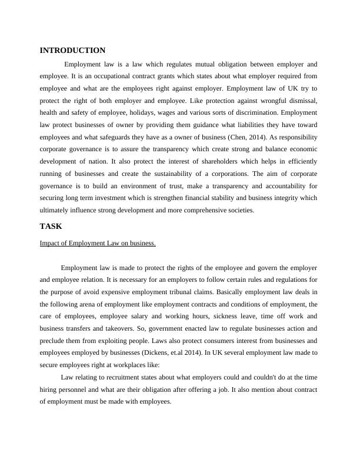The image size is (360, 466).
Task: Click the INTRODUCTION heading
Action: coord(72,51)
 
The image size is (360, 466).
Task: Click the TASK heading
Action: coord(51,226)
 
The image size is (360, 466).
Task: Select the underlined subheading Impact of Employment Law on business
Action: coord(97,242)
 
